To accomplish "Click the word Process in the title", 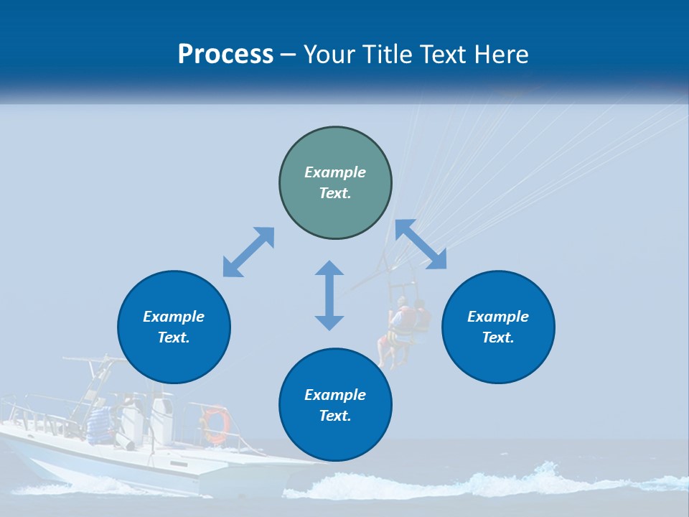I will point(225,55).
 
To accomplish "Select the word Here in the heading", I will point(502,55).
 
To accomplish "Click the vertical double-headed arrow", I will point(329,295).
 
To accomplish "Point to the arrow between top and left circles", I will point(248,252).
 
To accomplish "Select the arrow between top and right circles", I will point(421,244).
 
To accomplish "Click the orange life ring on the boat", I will point(215,424).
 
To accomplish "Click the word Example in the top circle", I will point(335,172).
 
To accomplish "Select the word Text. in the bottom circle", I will point(335,416).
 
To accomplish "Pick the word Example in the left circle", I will point(174,317).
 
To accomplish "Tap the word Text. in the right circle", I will point(498,337).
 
